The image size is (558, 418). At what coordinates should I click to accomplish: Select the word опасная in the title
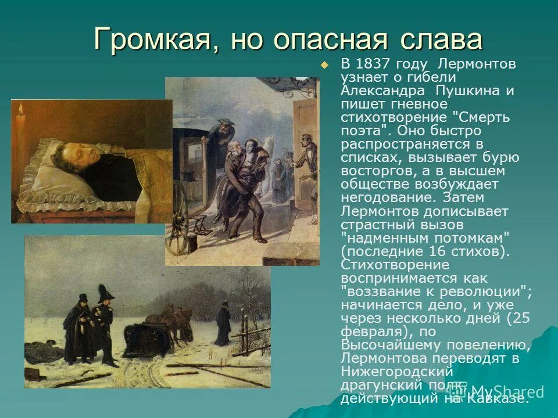click(x=328, y=40)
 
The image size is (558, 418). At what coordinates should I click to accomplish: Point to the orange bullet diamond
click(x=324, y=64)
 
